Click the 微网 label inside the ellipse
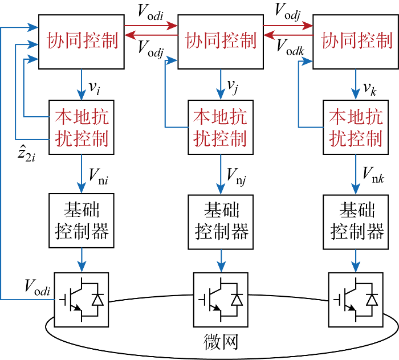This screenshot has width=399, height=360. (221, 342)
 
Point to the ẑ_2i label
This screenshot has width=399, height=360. (26, 153)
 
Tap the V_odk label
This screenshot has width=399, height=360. (290, 47)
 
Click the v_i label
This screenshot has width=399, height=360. (95, 88)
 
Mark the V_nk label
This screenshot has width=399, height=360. (373, 175)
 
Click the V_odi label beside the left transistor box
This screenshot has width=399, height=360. (38, 288)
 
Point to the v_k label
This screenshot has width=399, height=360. (370, 89)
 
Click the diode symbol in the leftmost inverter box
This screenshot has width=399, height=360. (97, 300)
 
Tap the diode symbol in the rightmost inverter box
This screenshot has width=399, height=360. (372, 300)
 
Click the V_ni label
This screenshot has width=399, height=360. (99, 177)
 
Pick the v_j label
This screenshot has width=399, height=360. (233, 87)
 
